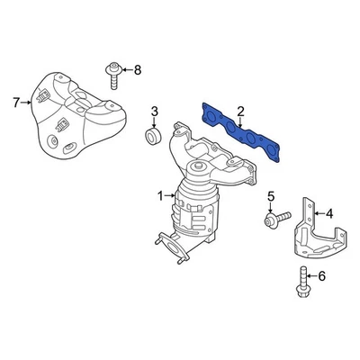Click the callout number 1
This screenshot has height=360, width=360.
click(x=161, y=195)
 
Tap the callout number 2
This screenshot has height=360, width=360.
click(x=240, y=112)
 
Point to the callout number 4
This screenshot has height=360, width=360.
click(x=329, y=213)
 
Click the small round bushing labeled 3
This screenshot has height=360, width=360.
click(x=152, y=137)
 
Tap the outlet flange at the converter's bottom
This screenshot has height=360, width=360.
click(x=172, y=244)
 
